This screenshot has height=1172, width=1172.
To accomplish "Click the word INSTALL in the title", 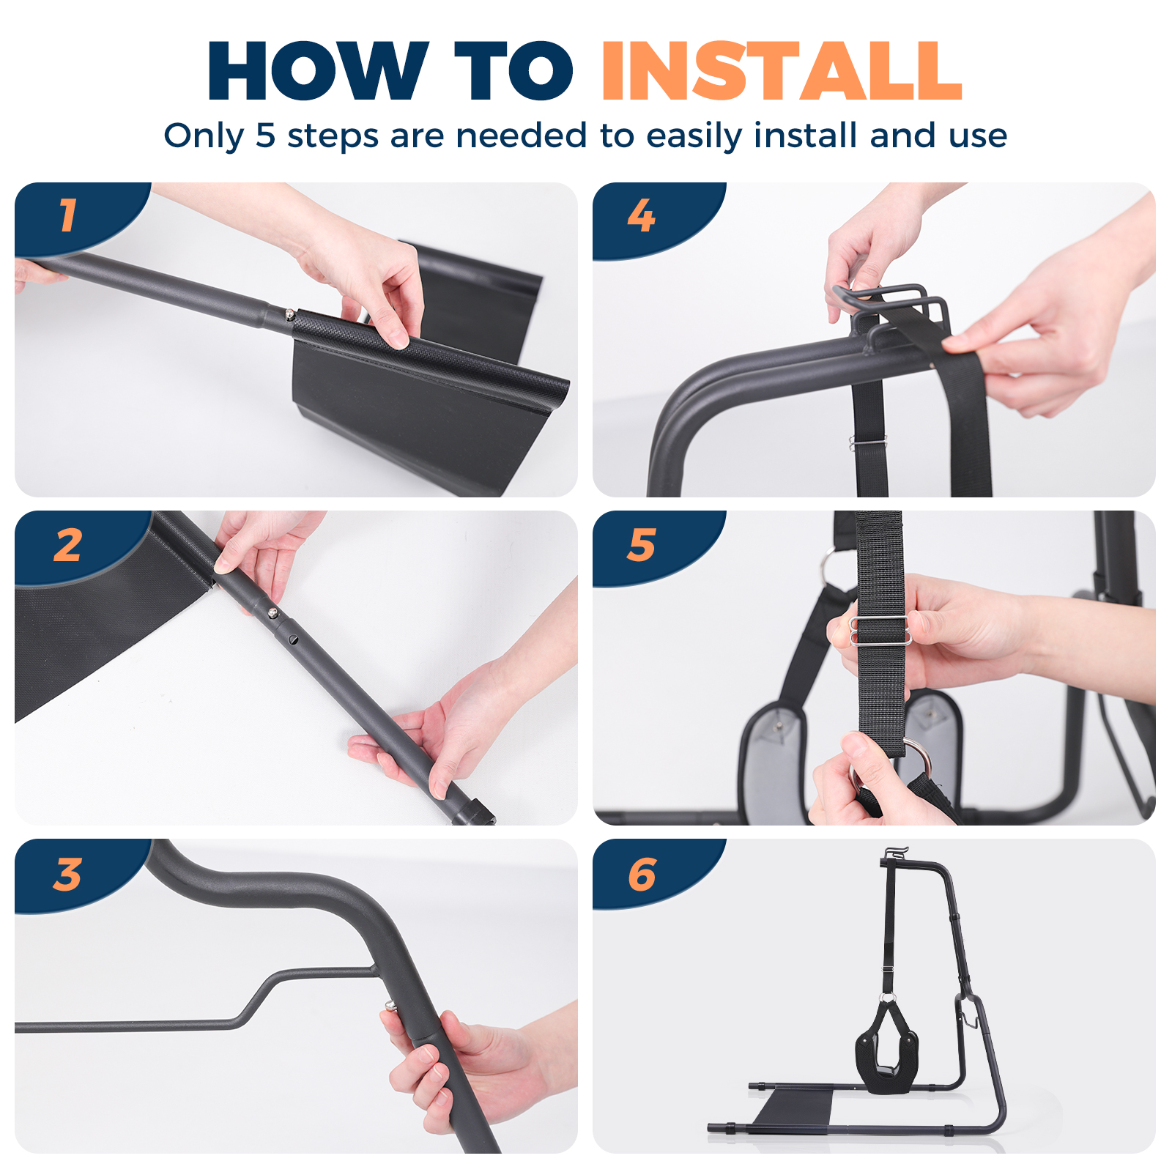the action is pos(782,71).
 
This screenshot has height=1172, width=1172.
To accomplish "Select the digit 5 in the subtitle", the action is pos(265,136).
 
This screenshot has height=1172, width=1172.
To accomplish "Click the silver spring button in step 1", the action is pos(290,315).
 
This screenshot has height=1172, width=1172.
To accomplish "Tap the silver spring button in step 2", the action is pos(272,613).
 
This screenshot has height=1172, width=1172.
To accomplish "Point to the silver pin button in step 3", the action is pos(389,1006).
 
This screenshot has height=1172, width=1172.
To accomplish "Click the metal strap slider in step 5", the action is pos(880,631).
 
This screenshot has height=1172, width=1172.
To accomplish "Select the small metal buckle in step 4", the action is pos(867,443).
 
